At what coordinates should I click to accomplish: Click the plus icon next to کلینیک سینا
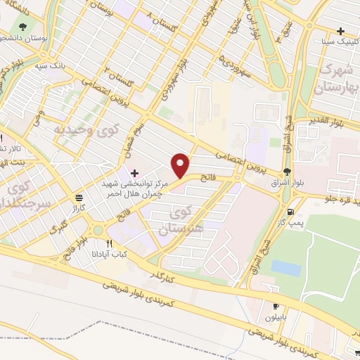[341, 31]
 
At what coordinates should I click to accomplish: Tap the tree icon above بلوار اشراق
[286, 172]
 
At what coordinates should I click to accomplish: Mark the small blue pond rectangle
[286, 268]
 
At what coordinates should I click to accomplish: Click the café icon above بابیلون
[276, 307]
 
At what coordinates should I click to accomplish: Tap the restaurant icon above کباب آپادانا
[109, 243]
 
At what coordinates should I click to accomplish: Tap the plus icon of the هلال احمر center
[134, 172]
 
